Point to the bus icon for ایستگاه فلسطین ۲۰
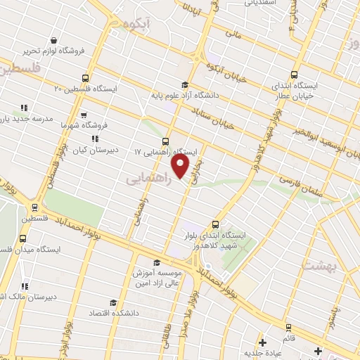[x=86, y=78]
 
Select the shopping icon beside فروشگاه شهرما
[x=83, y=115]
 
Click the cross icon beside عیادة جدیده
[x=262, y=343]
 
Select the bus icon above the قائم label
[x=287, y=328]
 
